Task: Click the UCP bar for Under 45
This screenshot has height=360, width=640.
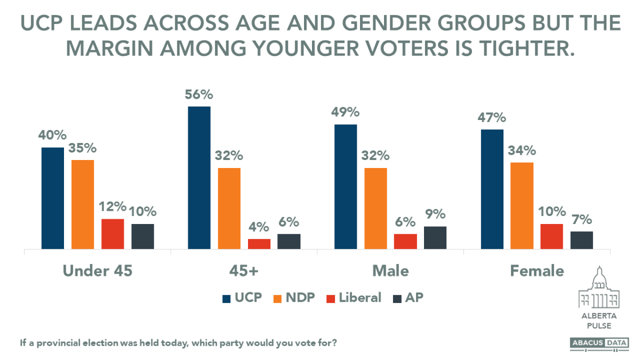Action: click(53, 198)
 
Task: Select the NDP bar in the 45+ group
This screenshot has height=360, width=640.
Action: click(229, 208)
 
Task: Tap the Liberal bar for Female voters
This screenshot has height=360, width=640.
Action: click(551, 236)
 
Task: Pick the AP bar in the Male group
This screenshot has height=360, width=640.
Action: click(435, 237)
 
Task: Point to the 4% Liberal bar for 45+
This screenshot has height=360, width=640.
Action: click(259, 244)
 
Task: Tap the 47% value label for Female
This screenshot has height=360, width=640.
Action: click(491, 118)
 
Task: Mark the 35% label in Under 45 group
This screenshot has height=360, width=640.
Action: click(83, 148)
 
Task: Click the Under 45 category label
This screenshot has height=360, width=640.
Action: click(98, 271)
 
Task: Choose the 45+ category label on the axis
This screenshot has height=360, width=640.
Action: click(244, 271)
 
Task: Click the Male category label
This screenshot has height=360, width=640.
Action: click(390, 271)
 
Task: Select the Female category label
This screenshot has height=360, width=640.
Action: click(537, 271)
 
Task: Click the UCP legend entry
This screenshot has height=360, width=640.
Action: click(242, 298)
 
